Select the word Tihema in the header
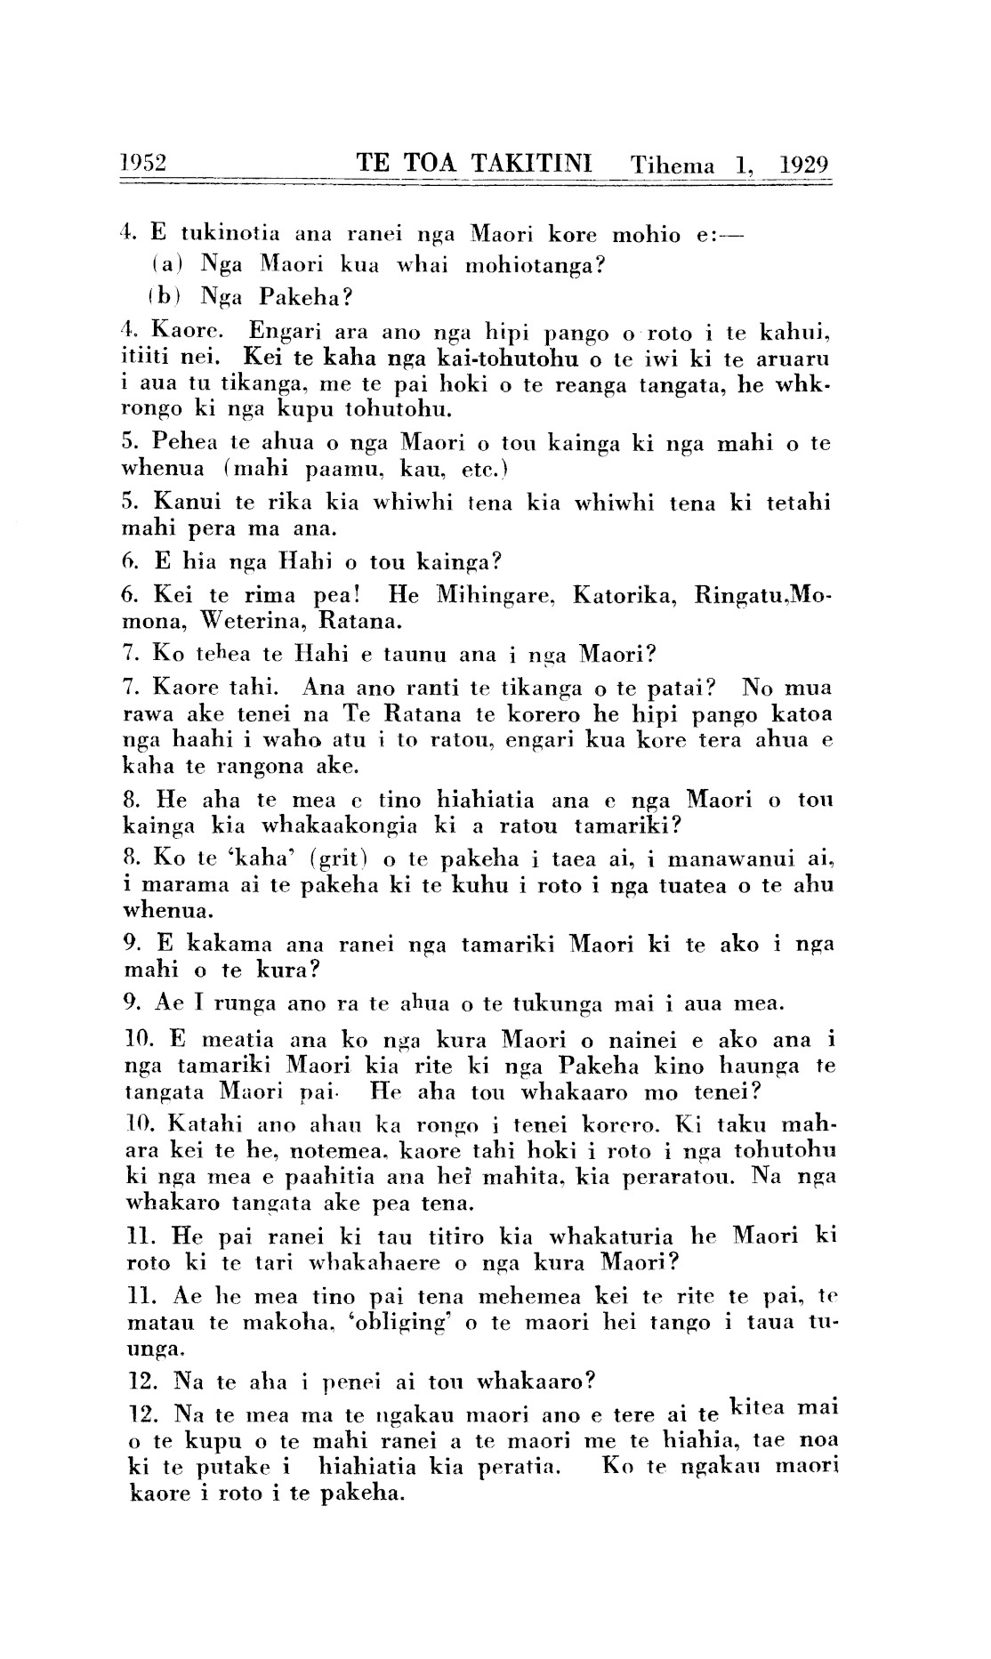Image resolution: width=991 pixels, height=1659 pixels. (673, 165)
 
